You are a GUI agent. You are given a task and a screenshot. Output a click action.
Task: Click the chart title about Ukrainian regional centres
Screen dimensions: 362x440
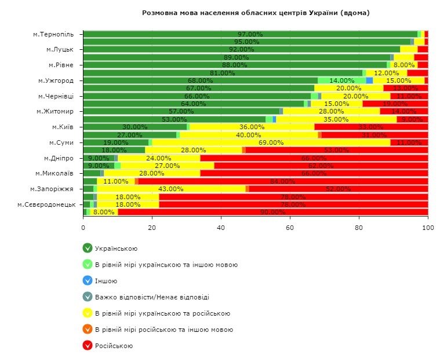click(x=256, y=12)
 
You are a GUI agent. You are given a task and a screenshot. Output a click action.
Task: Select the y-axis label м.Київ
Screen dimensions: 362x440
click(x=64, y=127)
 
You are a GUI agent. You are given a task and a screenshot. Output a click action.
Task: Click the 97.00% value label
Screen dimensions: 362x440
click(x=250, y=35)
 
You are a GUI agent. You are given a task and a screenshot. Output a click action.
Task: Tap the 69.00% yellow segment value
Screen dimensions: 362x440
click(x=271, y=142)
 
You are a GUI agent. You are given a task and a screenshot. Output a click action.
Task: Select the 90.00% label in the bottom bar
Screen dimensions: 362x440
click(x=272, y=212)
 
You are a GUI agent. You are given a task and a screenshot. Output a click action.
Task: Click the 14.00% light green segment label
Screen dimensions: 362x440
click(x=341, y=81)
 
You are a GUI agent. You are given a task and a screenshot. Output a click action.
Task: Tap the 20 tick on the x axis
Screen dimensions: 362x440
click(x=152, y=228)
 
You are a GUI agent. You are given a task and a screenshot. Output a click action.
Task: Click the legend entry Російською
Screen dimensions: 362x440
click(x=114, y=346)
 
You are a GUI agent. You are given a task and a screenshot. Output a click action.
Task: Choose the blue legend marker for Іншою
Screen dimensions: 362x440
click(x=88, y=281)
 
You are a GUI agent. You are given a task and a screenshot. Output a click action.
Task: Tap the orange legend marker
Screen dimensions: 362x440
click(x=88, y=330)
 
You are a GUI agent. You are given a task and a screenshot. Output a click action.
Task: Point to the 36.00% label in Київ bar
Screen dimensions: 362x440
click(x=252, y=127)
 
